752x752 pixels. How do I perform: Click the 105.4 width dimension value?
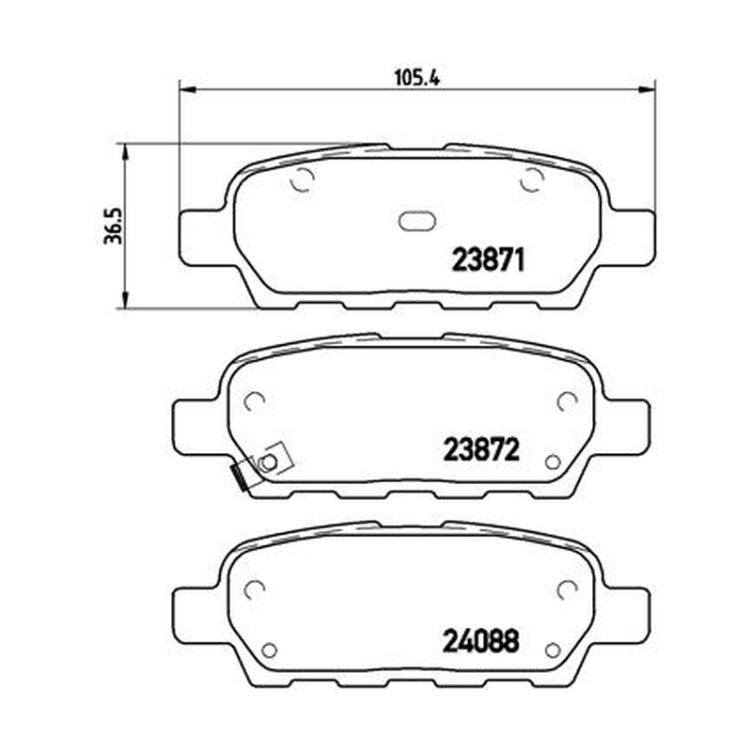(x=416, y=78)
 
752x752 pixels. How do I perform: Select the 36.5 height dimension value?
(x=113, y=226)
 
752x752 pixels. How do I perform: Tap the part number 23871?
(x=489, y=260)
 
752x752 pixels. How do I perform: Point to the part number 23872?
(x=481, y=450)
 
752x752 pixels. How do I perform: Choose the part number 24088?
(x=481, y=641)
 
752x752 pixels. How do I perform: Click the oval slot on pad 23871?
(x=417, y=221)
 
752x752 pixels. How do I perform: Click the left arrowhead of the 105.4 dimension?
(x=188, y=88)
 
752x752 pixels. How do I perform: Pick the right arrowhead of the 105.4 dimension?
(x=647, y=88)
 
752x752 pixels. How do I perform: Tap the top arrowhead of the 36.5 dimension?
(x=125, y=152)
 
